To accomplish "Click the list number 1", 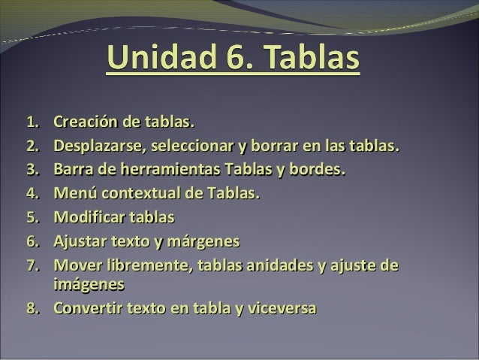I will [32, 122].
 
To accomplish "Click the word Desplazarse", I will [95, 146].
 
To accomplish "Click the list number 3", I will [32, 170].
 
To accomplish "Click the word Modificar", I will [87, 218].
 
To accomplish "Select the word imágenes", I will [89, 286].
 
